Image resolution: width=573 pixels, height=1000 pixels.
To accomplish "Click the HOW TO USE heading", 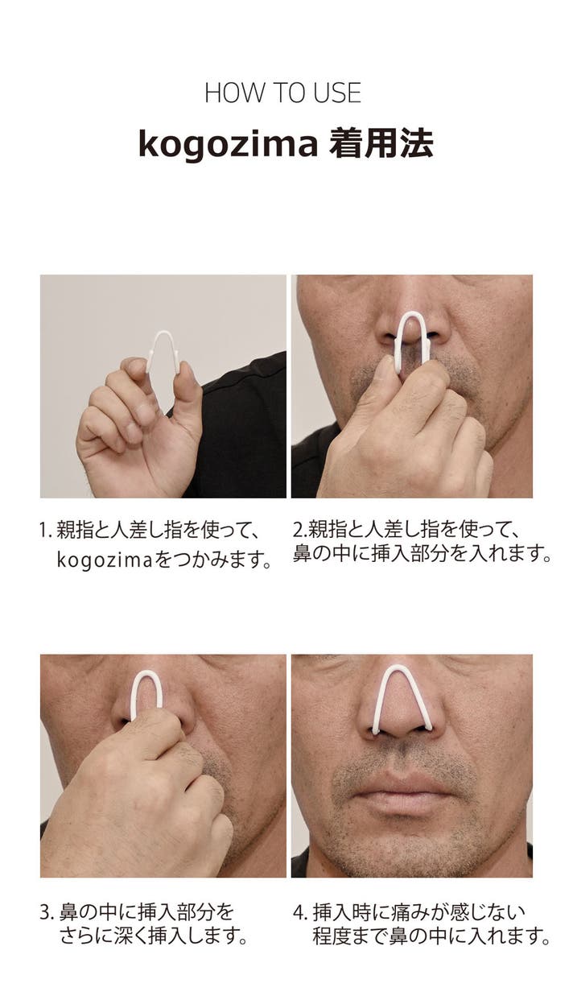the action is (283, 93).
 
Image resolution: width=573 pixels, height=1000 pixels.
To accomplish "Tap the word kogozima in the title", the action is (228, 144).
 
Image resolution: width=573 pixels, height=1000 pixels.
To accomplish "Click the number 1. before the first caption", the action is (46, 531).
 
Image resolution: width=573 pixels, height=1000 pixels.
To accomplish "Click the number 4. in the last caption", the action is (300, 912).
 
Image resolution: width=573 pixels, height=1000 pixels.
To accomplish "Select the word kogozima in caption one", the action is (105, 560).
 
